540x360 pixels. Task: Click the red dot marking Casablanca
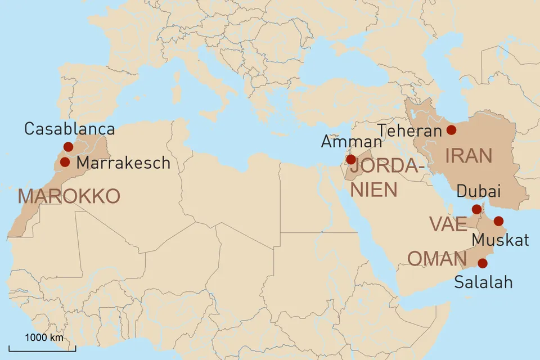(68, 147)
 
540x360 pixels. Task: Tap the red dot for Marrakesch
(65, 162)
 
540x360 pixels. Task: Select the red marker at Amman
(351, 159)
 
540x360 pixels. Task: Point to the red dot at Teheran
(451, 130)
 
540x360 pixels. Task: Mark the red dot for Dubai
(476, 209)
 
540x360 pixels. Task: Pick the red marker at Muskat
(498, 220)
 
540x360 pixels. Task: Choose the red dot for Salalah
(483, 263)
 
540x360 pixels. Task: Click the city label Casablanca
(69, 129)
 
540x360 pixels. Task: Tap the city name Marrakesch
(123, 163)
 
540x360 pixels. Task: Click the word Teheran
(410, 131)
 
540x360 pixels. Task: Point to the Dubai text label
(479, 192)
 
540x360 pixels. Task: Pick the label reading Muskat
(500, 240)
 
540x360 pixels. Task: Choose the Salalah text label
(484, 281)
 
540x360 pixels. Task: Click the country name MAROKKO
(69, 196)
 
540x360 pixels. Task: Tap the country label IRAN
(469, 156)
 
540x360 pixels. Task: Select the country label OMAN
(437, 259)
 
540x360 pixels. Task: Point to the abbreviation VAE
(448, 224)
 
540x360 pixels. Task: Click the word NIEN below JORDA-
(373, 190)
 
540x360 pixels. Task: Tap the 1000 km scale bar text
(43, 338)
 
